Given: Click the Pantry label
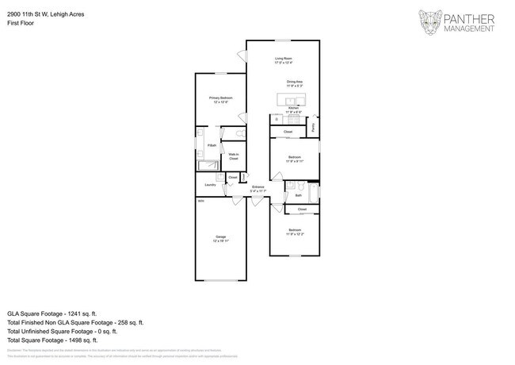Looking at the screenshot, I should tap(314, 126).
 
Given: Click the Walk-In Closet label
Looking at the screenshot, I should tap(234, 157).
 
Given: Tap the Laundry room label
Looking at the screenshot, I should tap(210, 185).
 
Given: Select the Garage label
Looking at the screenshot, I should tap(220, 238).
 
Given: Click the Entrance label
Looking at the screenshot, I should tap(258, 190).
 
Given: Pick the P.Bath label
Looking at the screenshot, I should tap(212, 146).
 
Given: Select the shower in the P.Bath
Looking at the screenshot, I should tap(208, 165).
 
